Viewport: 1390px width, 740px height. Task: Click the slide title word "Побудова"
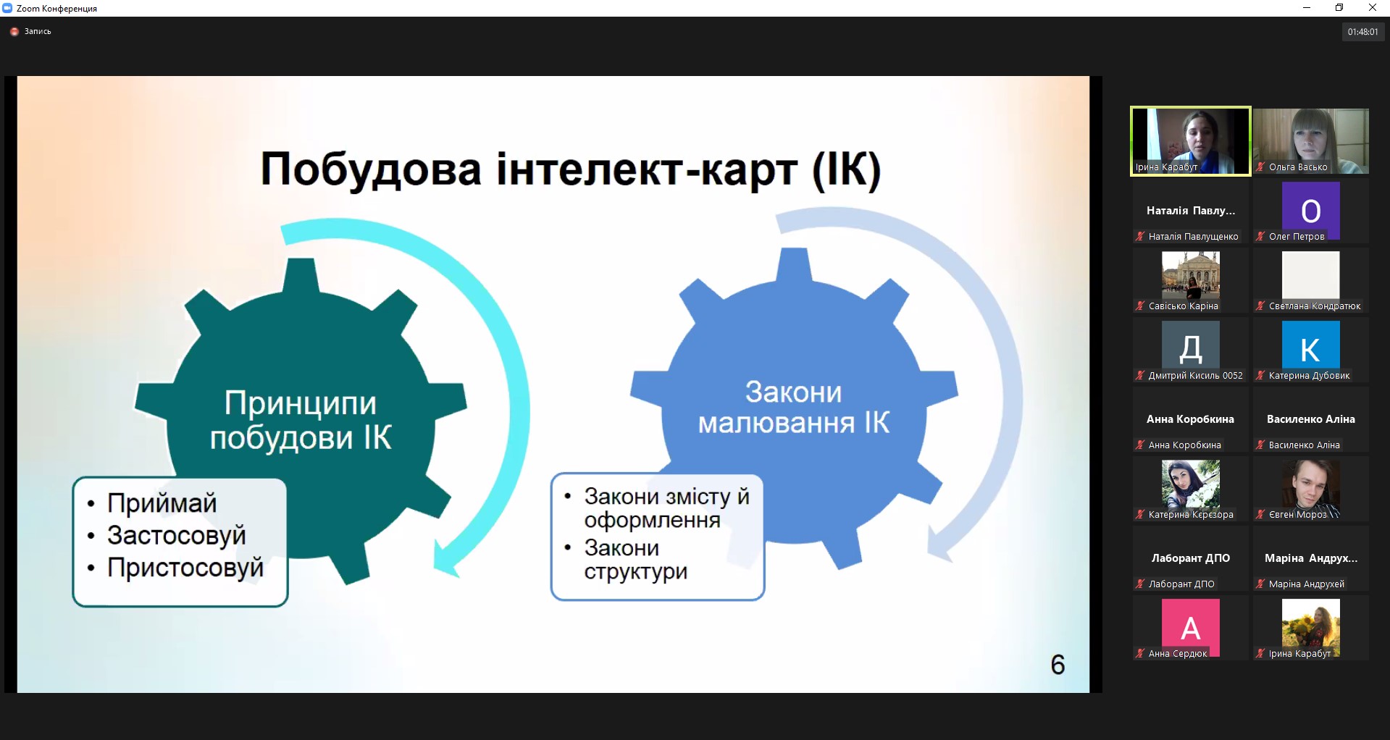pyautogui.click(x=370, y=169)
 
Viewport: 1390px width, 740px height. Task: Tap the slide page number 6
pyautogui.click(x=1058, y=665)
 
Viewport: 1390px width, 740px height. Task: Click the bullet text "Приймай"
pyautogui.click(x=162, y=503)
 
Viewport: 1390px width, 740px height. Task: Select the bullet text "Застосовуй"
pyautogui.click(x=177, y=535)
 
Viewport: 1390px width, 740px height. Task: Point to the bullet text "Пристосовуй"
pyautogui.click(x=185, y=568)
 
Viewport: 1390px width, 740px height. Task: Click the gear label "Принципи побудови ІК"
pyautogui.click(x=301, y=421)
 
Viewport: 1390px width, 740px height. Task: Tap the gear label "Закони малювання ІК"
pyautogui.click(x=794, y=407)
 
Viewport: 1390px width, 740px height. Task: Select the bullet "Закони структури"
pyautogui.click(x=635, y=560)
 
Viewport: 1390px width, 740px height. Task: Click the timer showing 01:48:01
pyautogui.click(x=1363, y=32)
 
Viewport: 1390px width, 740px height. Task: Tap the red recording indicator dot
pyautogui.click(x=14, y=32)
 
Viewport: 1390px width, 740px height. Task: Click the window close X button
pyautogui.click(x=1372, y=8)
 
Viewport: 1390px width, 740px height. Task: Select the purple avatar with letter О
pyautogui.click(x=1310, y=210)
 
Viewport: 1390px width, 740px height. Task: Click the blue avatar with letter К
pyautogui.click(x=1310, y=350)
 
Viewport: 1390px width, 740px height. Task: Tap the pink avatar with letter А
pyautogui.click(x=1190, y=627)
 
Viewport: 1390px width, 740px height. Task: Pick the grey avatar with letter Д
pyautogui.click(x=1190, y=350)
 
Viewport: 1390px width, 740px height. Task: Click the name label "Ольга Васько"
pyautogui.click(x=1298, y=167)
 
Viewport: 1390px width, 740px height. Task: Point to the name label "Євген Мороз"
pyautogui.click(x=1297, y=515)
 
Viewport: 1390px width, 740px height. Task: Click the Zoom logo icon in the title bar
pyautogui.click(x=8, y=8)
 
